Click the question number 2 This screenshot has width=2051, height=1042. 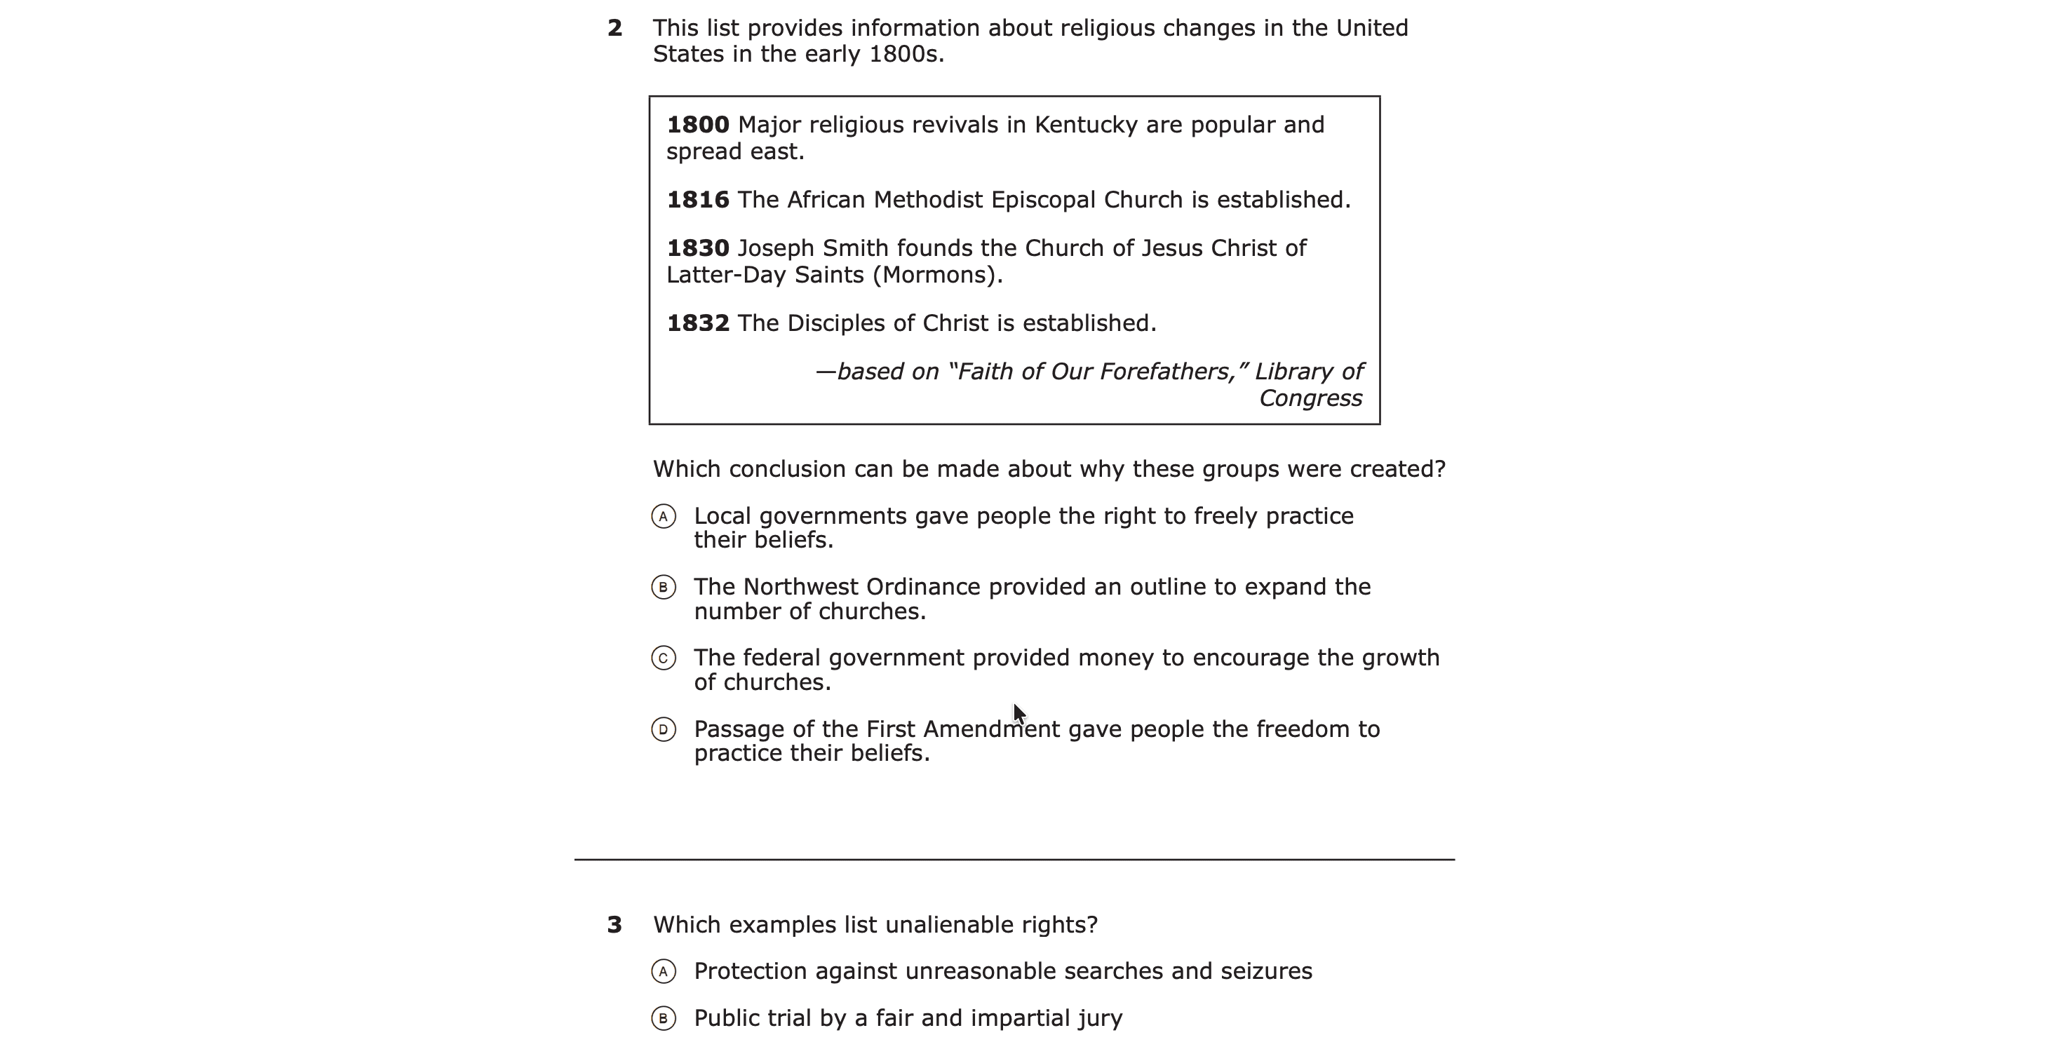coord(614,29)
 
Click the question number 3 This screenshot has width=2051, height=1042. coord(614,925)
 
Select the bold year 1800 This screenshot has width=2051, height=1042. coord(697,125)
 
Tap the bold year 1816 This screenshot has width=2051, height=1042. coord(697,200)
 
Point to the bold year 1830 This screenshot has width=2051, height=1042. coord(697,248)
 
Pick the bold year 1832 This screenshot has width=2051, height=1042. coord(697,323)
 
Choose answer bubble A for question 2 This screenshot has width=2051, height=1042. coord(664,517)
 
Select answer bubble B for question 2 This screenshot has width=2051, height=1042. coord(664,588)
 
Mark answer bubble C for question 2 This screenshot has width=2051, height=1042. coord(664,658)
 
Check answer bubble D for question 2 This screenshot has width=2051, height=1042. coord(664,729)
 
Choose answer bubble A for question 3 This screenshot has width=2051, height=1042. coord(664,971)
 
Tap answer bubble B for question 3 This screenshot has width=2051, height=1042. coord(664,1018)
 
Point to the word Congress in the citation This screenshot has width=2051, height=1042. coord(1310,399)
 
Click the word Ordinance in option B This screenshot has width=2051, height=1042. coord(923,588)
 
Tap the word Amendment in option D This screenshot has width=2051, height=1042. coord(991,729)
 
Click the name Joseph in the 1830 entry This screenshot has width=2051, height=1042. coord(776,249)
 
